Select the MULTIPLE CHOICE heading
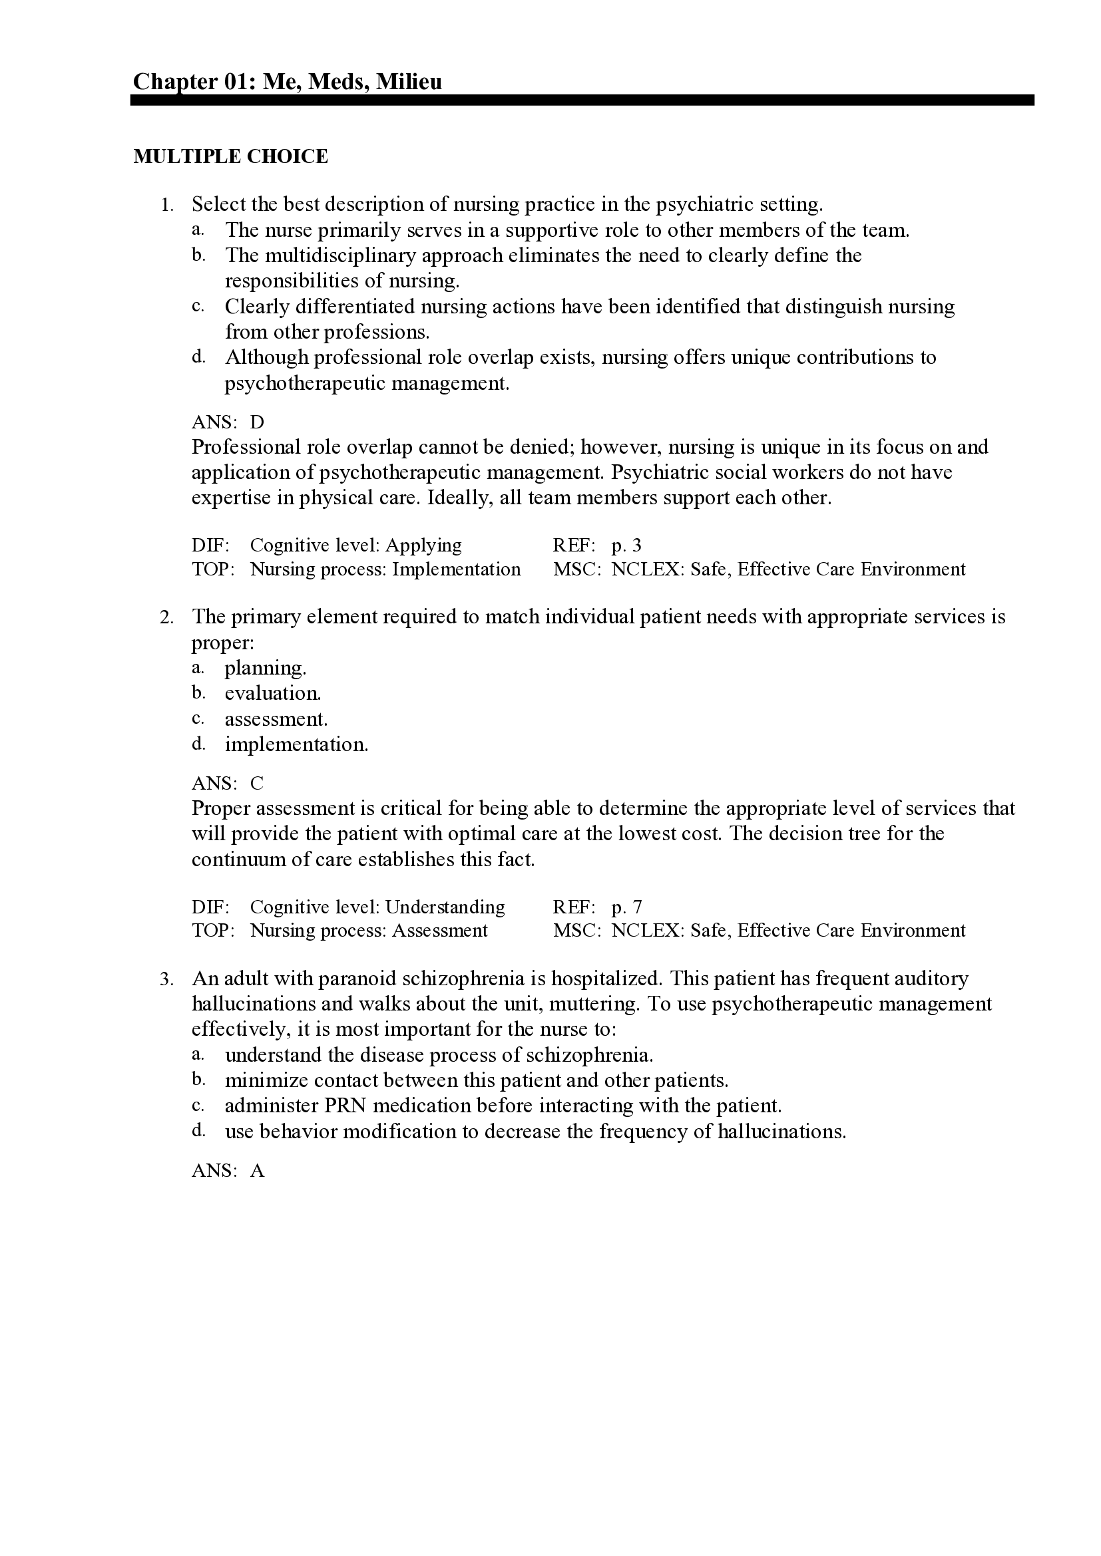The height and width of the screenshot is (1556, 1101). click(x=230, y=156)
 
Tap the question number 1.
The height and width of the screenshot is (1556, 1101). click(x=167, y=205)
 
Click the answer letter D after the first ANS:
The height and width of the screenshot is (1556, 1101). click(x=257, y=422)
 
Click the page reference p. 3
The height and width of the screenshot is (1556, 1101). click(x=626, y=545)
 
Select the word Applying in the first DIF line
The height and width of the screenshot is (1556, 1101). click(x=423, y=545)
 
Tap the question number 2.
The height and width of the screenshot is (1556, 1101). click(x=167, y=617)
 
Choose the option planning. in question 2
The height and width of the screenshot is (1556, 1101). click(x=265, y=668)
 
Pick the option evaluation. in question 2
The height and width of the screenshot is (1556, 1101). click(x=272, y=693)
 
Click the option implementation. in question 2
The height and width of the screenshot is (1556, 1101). click(x=296, y=744)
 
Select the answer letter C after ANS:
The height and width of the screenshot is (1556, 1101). click(x=257, y=784)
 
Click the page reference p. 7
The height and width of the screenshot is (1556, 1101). click(x=626, y=907)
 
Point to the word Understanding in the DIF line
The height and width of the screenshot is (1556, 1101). click(x=445, y=907)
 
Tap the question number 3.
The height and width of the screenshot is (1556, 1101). click(x=167, y=979)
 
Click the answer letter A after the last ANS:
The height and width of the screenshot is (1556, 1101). click(x=257, y=1170)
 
